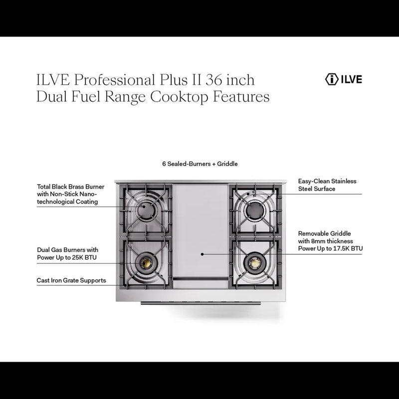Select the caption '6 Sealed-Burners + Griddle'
(199, 163)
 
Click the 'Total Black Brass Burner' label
(68, 186)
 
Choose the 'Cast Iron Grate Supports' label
(71, 280)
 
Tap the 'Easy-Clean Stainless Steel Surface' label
(327, 185)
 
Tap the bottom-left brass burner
(146, 261)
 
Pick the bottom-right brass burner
(252, 260)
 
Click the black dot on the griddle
(202, 254)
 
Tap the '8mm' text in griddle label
(318, 241)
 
